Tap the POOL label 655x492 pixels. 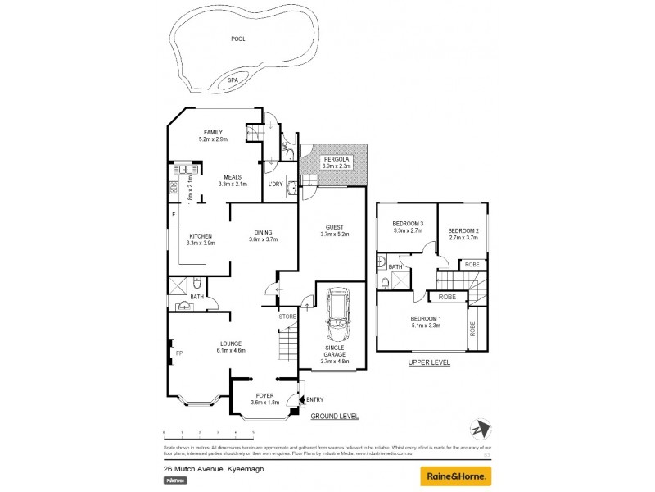(x=237, y=39)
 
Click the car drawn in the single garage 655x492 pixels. (x=336, y=315)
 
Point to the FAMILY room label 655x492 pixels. (x=212, y=132)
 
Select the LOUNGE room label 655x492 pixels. (x=232, y=344)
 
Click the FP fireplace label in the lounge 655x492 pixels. (x=179, y=353)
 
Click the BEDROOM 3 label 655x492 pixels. (x=407, y=224)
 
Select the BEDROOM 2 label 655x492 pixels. (x=463, y=231)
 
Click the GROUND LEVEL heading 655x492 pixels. (x=334, y=417)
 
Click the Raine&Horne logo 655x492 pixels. (x=455, y=476)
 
